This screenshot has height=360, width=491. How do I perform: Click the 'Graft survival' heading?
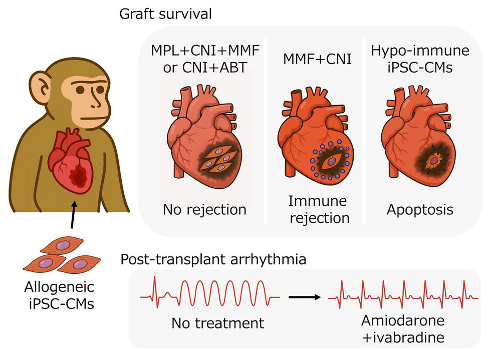[x=165, y=13]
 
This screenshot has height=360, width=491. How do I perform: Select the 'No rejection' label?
[x=204, y=209]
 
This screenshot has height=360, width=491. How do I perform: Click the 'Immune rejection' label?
[x=319, y=209]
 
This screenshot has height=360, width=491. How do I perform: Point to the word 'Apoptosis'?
[x=420, y=209]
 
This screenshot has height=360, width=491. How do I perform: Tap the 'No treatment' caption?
[x=217, y=323]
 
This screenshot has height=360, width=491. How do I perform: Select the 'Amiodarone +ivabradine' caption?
[x=403, y=329]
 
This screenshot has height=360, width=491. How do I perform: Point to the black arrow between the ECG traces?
[x=304, y=297]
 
